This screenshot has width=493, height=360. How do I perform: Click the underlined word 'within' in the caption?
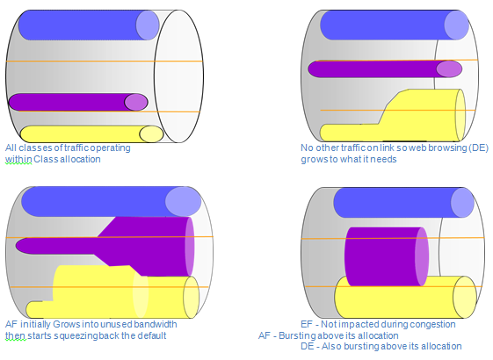(18, 159)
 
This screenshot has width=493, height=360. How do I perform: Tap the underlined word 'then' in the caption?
(16, 335)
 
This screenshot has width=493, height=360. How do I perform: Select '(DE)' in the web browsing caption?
(479, 148)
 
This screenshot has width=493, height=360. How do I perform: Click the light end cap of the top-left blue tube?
(148, 25)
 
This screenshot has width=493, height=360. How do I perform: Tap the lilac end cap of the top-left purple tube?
(136, 102)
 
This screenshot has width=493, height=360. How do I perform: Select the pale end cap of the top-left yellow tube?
(151, 134)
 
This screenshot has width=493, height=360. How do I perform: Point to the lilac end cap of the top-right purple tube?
(449, 69)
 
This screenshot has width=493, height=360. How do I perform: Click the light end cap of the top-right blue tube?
(456, 25)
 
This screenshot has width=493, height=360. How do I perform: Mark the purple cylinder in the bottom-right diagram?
(387, 256)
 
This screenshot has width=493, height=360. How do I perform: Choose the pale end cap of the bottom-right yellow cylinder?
(465, 297)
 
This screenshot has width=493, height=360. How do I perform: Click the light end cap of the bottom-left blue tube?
(183, 202)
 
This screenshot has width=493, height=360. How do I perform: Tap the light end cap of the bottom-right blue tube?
(462, 203)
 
